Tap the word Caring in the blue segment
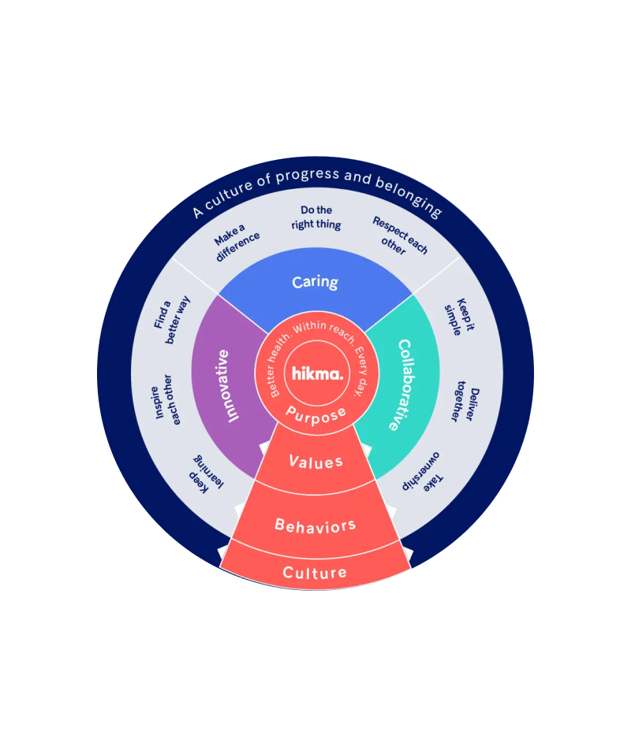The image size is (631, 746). [315, 282]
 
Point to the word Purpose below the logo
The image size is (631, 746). [316, 414]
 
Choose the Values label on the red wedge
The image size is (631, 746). [315, 462]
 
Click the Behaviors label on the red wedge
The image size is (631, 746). [315, 525]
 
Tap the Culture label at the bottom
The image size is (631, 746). [315, 573]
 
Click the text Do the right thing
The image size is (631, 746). [316, 217]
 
